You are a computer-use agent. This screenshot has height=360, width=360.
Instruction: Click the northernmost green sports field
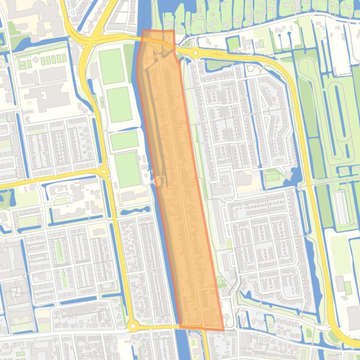(x=111, y=66)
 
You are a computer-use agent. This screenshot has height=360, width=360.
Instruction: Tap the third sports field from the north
(x=124, y=140)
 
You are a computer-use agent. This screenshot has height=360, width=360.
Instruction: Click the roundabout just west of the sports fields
(x=104, y=173)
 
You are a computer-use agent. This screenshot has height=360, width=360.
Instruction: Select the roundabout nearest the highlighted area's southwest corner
(x=132, y=325)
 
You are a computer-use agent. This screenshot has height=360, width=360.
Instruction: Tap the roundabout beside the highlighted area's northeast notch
(x=195, y=53)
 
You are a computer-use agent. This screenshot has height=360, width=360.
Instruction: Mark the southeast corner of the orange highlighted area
(x=223, y=330)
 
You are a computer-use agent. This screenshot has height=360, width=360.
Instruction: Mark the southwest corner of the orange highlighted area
(x=180, y=326)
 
